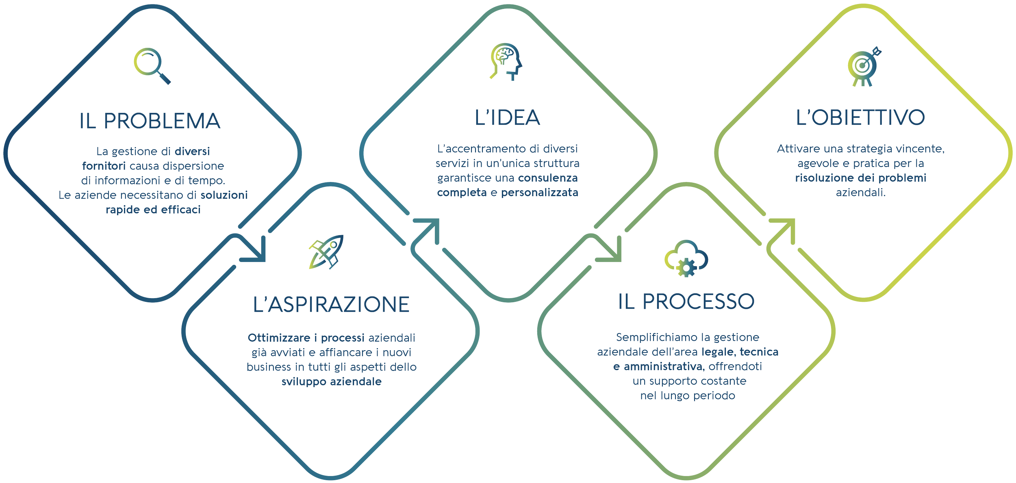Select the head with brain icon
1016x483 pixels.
506,61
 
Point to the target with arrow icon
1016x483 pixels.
863,67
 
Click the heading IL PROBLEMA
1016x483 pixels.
150,121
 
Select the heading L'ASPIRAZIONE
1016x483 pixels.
331,305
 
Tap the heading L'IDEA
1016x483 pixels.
507,118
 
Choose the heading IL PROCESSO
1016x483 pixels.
686,302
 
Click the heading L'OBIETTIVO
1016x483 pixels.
860,118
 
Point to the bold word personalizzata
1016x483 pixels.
539,193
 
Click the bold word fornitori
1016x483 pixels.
104,166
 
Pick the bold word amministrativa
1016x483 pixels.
664,367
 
